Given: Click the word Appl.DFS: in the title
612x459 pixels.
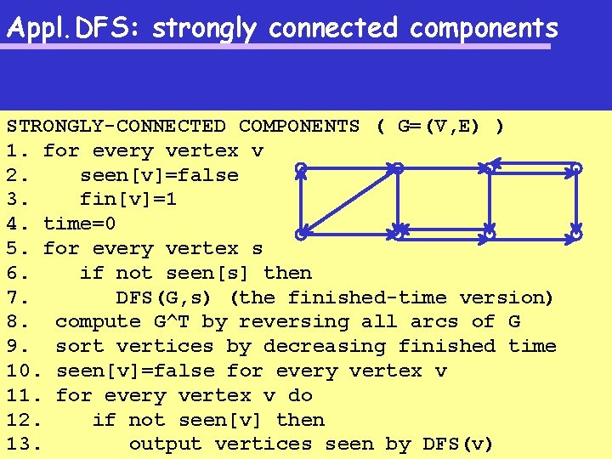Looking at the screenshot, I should (74, 28).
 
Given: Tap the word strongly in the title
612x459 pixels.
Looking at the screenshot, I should (204, 28).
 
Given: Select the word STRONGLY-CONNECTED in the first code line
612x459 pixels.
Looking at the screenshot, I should (116, 127).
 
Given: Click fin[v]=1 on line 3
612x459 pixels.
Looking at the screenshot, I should (128, 200).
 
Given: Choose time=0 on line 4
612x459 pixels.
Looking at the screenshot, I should (80, 224).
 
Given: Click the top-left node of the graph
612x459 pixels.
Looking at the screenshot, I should (301, 170).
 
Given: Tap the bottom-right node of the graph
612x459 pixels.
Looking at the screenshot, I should (576, 232).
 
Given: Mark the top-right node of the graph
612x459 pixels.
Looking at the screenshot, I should (576, 168).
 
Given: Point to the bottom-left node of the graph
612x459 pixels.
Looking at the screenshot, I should (301, 233).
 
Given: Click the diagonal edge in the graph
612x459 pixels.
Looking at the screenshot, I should (348, 201).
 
